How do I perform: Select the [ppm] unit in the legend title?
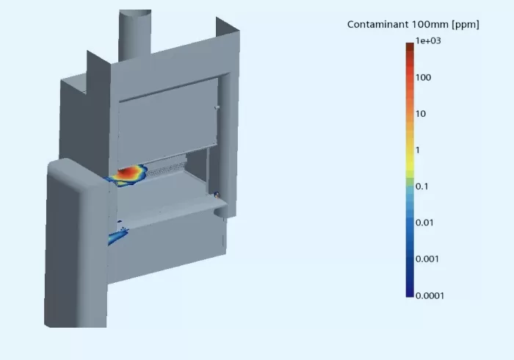click(465, 25)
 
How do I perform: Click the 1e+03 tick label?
click(429, 42)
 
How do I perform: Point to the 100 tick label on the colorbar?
click(424, 78)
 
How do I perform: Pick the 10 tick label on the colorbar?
click(421, 114)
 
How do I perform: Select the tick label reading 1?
click(418, 150)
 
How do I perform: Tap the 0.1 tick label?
click(422, 187)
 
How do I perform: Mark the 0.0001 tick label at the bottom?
click(430, 295)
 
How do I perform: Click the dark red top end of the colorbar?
click(409, 47)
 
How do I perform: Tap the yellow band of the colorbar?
click(409, 151)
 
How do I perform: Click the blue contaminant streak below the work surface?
click(117, 236)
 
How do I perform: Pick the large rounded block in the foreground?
click(73, 242)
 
